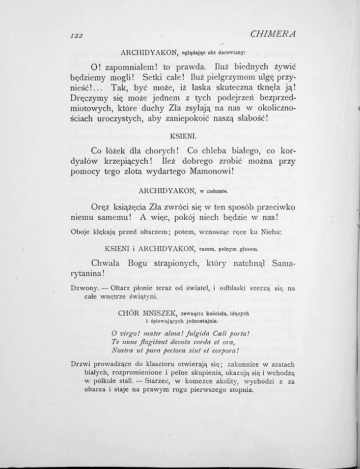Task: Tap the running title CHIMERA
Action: (x=276, y=35)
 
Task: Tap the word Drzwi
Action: (x=81, y=365)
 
